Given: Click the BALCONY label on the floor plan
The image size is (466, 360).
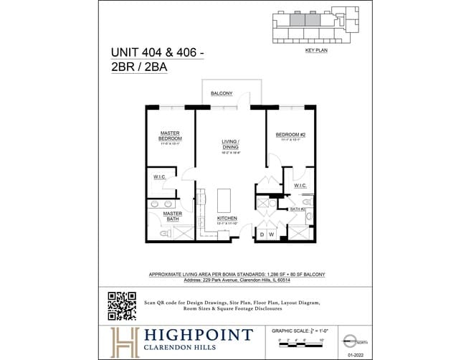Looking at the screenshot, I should (x=222, y=94).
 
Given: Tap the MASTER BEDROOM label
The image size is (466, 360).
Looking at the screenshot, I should (x=169, y=136).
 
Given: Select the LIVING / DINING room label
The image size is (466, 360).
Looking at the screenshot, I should (x=229, y=146).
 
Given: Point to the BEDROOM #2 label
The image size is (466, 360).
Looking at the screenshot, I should (x=290, y=135).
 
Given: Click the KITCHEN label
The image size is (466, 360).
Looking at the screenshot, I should (x=227, y=219).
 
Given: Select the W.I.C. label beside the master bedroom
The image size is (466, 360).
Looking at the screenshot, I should (x=160, y=177).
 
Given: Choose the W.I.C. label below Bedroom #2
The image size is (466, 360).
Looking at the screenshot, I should (x=300, y=186).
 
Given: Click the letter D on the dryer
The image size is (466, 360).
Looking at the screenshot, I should (x=262, y=235).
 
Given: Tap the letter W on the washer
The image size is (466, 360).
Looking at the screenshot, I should (x=272, y=235).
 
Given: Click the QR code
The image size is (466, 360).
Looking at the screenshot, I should (x=121, y=305).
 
